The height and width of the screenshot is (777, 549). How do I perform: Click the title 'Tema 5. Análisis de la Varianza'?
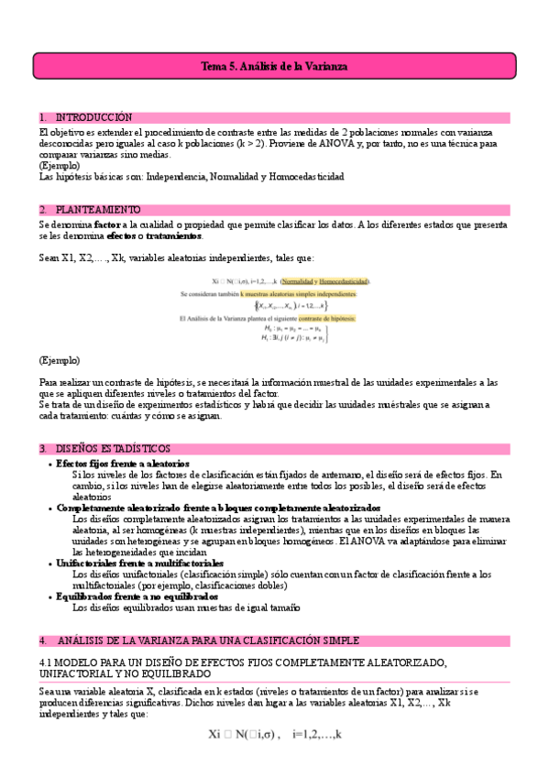tap(274, 67)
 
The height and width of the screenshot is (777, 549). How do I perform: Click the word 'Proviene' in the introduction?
tap(291, 144)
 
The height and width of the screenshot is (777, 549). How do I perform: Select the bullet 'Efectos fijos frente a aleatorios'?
tap(122, 464)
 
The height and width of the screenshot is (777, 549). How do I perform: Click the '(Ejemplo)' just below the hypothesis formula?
tap(60, 360)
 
